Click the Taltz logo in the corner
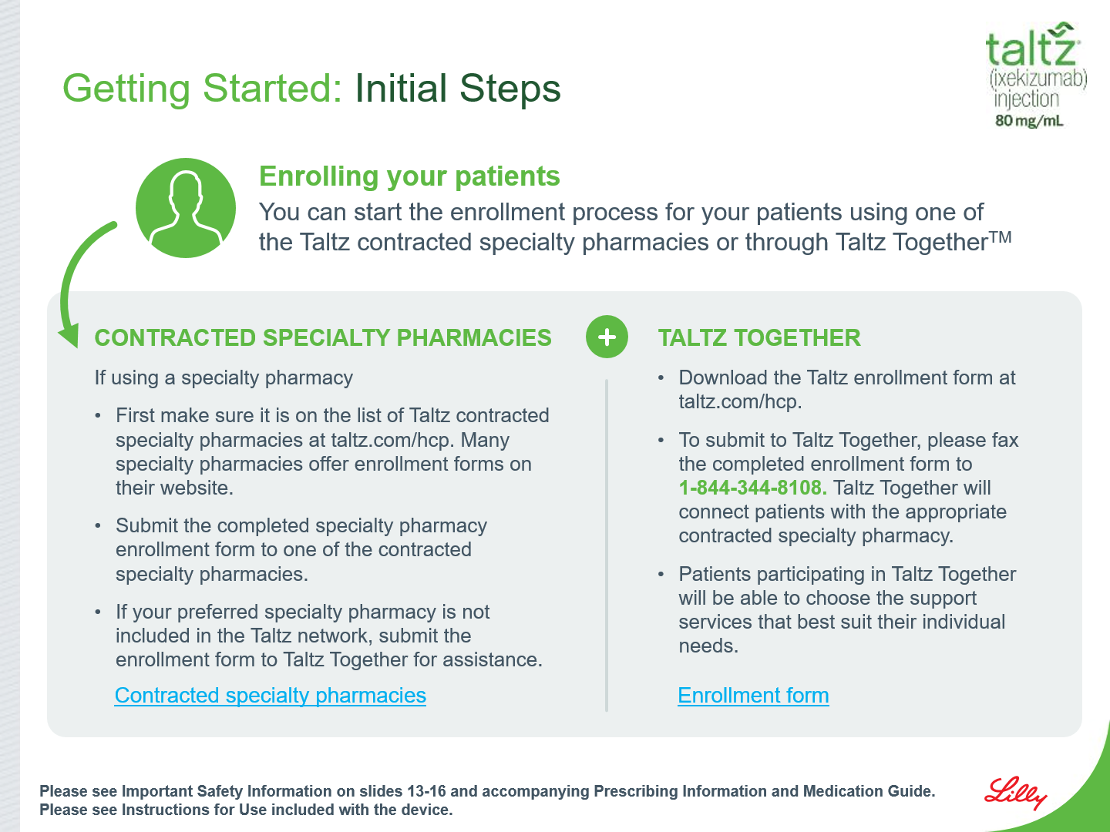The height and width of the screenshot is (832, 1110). (1036, 75)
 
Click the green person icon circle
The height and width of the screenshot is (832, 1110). (186, 208)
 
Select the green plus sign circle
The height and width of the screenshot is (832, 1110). (607, 337)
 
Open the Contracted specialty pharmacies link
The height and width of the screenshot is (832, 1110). (270, 696)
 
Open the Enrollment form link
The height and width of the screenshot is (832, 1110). (753, 696)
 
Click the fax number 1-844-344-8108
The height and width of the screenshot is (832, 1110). (752, 488)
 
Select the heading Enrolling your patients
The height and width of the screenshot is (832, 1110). (409, 176)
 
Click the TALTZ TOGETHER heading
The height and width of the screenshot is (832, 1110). (759, 338)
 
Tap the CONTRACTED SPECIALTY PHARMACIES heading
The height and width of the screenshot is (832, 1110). (323, 338)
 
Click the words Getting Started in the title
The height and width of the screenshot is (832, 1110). (202, 89)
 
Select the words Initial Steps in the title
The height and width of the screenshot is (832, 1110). (458, 89)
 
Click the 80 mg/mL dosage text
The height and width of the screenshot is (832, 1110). (1029, 121)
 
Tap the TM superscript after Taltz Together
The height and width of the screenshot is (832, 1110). (1001, 236)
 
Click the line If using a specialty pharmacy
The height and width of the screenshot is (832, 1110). (224, 377)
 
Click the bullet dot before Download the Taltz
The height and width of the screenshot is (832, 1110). (661, 378)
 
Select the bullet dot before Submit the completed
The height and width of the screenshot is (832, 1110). (98, 526)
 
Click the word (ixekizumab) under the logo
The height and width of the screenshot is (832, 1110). (1038, 79)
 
